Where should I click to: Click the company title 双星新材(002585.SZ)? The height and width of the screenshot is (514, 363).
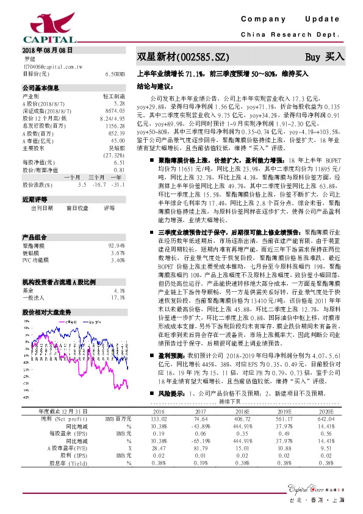(x=183, y=57)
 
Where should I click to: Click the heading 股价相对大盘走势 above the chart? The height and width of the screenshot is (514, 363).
(x=47, y=311)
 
